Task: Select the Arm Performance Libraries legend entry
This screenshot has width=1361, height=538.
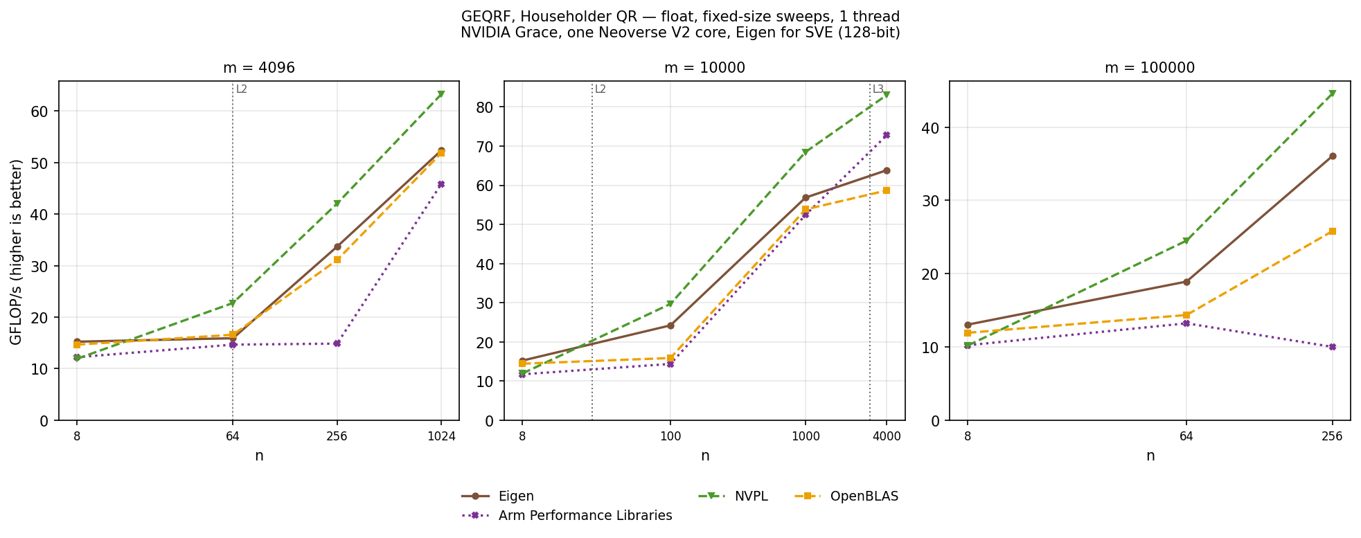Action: (x=567, y=516)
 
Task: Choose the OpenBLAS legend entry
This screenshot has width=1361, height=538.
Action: (x=845, y=496)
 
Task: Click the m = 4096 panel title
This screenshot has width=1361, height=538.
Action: (x=259, y=68)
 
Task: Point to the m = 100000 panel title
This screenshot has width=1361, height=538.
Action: (x=1150, y=68)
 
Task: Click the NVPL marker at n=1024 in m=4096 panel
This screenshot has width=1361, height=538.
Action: (x=441, y=94)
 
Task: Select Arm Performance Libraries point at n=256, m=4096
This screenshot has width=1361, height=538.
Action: (x=337, y=343)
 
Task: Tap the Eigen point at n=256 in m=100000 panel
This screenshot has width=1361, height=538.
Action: (x=1332, y=156)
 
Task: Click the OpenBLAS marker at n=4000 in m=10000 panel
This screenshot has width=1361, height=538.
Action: (x=887, y=190)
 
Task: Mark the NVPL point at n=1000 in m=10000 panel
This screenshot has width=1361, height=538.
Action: (x=805, y=152)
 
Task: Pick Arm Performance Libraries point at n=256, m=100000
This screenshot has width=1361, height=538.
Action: (x=1332, y=347)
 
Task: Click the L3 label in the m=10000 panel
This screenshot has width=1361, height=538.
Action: (x=878, y=89)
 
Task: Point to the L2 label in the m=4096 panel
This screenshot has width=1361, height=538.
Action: (x=242, y=89)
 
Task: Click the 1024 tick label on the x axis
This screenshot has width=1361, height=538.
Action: (x=441, y=437)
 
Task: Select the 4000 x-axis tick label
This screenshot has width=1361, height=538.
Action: (x=887, y=437)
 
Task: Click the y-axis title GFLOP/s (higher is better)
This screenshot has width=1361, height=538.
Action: (x=17, y=251)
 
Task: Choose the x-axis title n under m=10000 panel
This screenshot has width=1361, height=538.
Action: (x=704, y=456)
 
